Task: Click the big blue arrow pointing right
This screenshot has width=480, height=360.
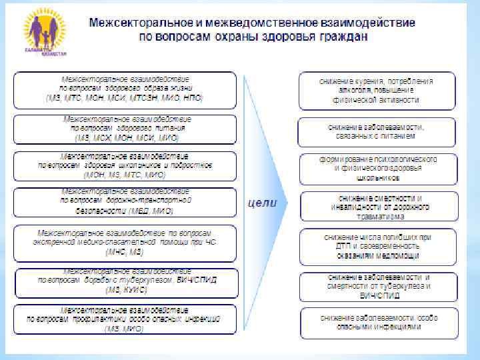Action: click(x=267, y=200)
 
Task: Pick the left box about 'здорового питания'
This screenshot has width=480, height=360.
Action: click(x=125, y=128)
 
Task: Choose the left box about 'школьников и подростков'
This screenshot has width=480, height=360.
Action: click(x=125, y=166)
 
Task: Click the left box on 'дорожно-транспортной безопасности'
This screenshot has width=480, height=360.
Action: click(x=125, y=201)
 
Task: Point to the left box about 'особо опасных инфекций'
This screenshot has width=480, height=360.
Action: click(x=125, y=319)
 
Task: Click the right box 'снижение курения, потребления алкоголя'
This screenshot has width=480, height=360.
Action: click(x=377, y=90)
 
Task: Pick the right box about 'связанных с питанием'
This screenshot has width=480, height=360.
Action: click(x=377, y=131)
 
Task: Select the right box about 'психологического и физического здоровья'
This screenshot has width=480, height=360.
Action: click(x=377, y=168)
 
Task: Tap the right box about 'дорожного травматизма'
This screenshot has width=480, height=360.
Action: click(x=377, y=207)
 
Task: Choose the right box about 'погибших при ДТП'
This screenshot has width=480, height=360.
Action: click(x=377, y=246)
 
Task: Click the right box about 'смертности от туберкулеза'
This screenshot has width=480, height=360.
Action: click(x=377, y=285)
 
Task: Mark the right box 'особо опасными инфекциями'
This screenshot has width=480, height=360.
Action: click(x=377, y=323)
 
